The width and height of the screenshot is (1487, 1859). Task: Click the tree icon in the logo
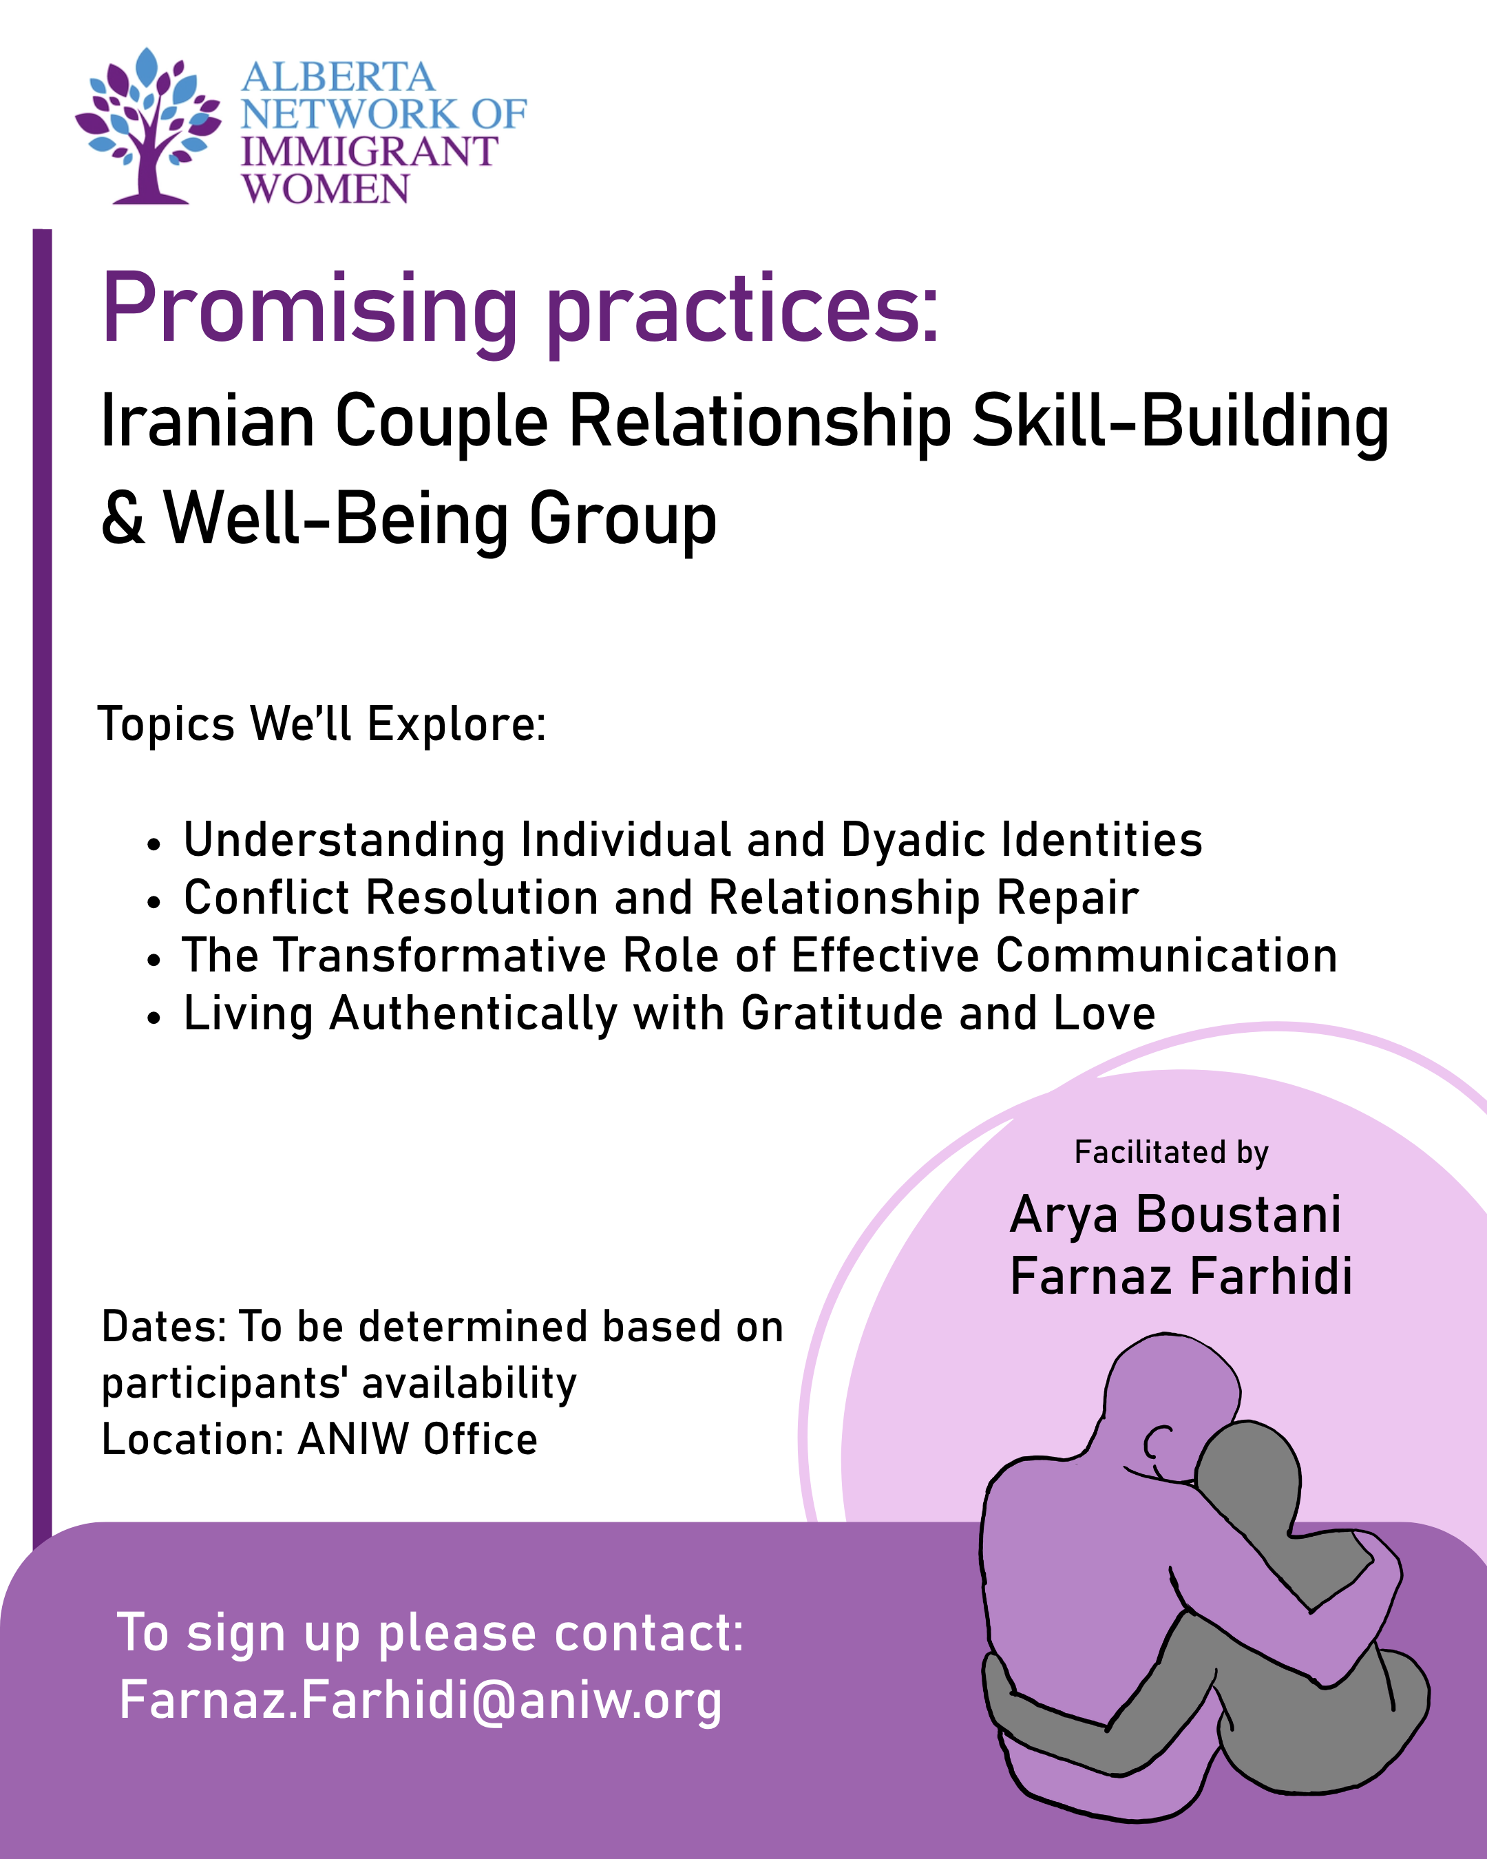tap(147, 126)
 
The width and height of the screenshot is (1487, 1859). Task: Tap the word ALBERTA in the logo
tap(338, 78)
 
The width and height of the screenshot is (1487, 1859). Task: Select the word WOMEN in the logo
tap(326, 189)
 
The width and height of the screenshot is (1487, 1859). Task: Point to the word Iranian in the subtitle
tap(208, 421)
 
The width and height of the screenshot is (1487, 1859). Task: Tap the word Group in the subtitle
tap(622, 522)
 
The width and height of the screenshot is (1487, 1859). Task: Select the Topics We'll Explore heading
tap(322, 724)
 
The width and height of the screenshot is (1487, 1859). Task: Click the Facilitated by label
tap(1172, 1153)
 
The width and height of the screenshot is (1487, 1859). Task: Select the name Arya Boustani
tap(1176, 1216)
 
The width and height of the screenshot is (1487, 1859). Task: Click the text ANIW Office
tap(418, 1439)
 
